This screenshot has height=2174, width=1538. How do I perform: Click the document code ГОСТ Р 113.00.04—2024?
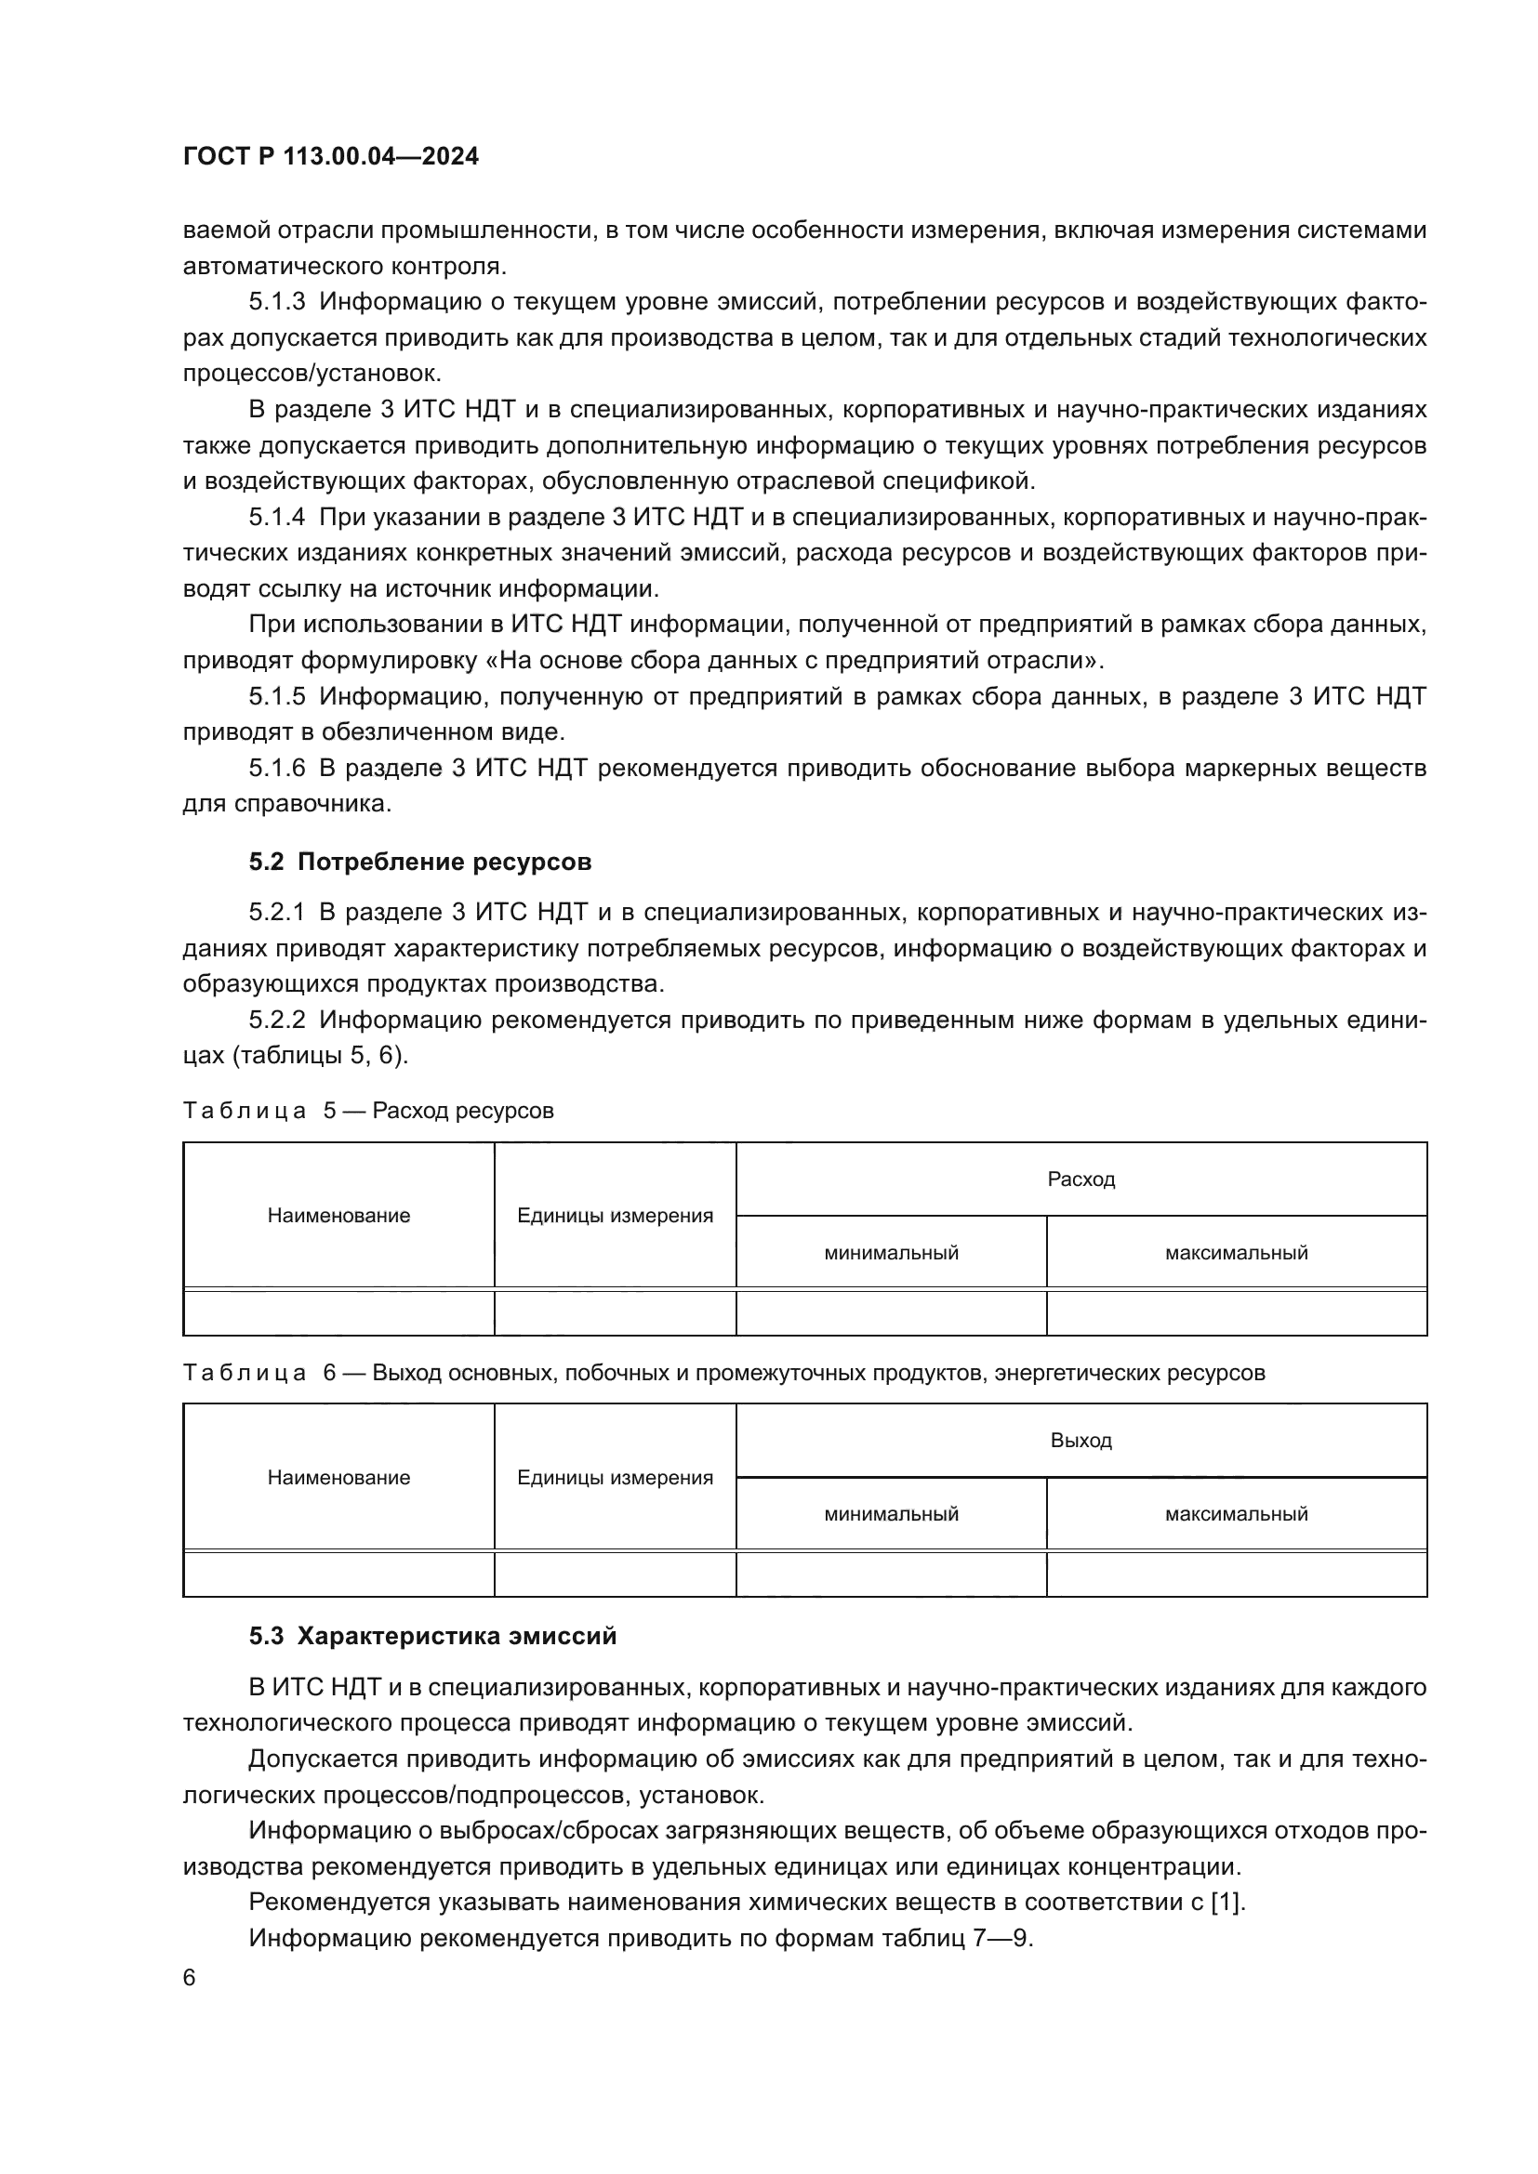tap(330, 157)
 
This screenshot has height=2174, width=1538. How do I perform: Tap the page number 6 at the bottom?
tap(190, 1978)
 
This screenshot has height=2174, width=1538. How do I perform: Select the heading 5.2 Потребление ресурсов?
tap(419, 862)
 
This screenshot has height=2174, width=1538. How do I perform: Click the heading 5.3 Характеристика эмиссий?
tap(432, 1636)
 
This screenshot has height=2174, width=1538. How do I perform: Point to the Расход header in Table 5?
tap(1081, 1179)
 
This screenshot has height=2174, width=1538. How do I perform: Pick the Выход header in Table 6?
tap(1081, 1440)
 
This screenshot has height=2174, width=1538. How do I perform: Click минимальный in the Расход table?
tap(891, 1253)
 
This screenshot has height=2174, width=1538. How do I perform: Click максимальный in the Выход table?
tap(1236, 1514)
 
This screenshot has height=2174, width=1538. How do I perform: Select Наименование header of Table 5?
tap(339, 1216)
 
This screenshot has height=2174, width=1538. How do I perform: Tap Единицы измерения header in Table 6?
tap(615, 1477)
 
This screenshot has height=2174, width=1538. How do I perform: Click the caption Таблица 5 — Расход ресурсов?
tap(367, 1111)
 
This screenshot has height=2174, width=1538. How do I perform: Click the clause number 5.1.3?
tap(276, 302)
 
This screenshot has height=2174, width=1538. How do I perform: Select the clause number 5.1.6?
tap(276, 768)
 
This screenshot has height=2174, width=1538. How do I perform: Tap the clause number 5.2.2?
tap(276, 1020)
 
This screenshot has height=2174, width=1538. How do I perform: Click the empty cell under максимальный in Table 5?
tap(1236, 1312)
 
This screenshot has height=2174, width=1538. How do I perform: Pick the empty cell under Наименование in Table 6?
tap(339, 1574)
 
